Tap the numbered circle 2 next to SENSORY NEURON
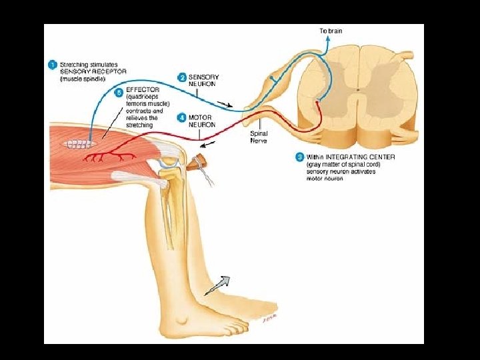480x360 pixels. click(x=181, y=78)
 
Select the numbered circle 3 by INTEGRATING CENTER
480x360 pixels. click(x=299, y=157)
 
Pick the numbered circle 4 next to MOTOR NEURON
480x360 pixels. click(x=181, y=117)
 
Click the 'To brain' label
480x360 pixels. click(x=330, y=31)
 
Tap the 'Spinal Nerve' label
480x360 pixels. click(x=259, y=137)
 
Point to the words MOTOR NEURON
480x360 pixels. click(x=202, y=121)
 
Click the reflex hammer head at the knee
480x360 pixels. click(x=198, y=161)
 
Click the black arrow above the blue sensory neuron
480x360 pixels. click(x=227, y=103)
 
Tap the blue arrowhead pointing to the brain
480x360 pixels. click(x=327, y=39)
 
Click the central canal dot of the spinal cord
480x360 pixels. click(x=357, y=89)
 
